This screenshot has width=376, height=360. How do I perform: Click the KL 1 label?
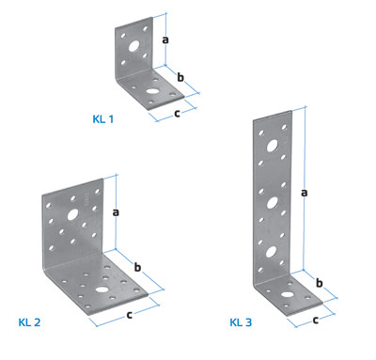103,119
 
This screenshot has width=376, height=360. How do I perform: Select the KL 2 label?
29,322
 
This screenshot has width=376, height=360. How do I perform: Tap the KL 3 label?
241,322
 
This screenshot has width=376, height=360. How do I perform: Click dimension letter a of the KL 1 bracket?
165,39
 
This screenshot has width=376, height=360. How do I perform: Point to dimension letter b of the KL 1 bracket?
180,77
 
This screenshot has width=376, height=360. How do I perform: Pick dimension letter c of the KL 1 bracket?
177,113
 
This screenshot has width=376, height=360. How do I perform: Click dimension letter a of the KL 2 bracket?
116,212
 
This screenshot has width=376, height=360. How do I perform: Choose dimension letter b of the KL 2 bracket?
137,267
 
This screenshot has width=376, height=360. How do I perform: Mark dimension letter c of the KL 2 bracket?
129,315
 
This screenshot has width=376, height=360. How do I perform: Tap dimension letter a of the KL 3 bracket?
304,193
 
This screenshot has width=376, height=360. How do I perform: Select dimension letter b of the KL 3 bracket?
319,283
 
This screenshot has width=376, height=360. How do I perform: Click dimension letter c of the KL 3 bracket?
316,320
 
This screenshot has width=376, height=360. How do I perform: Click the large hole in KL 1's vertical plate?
134,46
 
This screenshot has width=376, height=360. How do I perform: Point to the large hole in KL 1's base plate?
152,91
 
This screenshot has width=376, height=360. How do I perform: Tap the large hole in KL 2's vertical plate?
72,214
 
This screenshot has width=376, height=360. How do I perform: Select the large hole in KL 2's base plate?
102,290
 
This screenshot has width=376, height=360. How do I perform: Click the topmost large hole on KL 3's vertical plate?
273,146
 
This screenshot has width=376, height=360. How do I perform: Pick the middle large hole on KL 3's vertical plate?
273,203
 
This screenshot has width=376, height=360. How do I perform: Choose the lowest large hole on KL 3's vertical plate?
272,252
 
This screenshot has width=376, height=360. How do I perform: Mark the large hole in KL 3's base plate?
287,295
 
